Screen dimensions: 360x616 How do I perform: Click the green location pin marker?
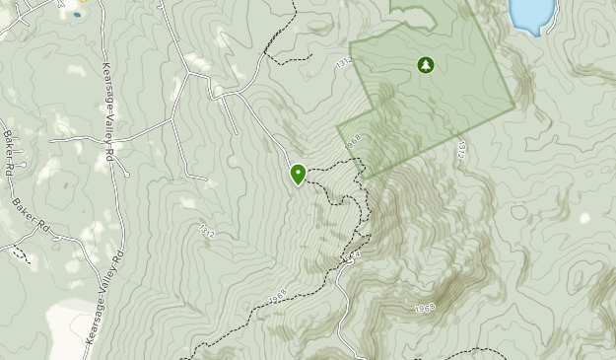298,175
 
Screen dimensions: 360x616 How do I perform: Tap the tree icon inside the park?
426,66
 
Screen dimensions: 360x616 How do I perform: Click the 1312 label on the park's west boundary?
343,63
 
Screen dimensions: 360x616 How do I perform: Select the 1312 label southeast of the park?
461,150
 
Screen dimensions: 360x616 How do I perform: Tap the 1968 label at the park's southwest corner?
353,142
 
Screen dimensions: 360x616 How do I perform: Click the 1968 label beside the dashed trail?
276,296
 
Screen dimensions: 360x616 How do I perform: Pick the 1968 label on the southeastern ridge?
425,309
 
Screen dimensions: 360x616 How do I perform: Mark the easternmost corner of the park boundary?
514,106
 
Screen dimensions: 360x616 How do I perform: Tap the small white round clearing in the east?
585,218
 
